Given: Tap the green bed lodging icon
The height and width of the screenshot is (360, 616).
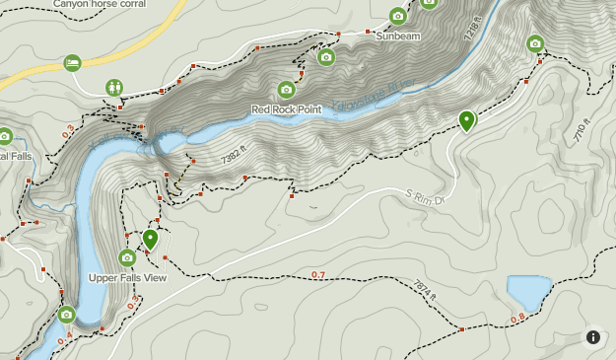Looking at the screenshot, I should pos(72,63).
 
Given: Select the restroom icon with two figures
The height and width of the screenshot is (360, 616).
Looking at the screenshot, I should pos(115,87).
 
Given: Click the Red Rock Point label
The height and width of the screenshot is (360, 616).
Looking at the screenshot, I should pos(287,109).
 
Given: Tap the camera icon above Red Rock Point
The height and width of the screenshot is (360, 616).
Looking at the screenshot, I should pos(287,90).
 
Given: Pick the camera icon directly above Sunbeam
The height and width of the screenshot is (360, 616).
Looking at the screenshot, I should pos(397,16).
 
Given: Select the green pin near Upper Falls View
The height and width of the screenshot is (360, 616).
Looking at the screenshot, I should pos(150,238).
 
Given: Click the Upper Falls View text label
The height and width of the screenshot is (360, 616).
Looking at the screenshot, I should pos(127,277).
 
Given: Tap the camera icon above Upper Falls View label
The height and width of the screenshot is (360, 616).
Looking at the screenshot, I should pos(127,258).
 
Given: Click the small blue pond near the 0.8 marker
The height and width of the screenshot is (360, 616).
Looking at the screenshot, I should pos(528,292).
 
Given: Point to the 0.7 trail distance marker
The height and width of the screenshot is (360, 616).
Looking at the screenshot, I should pos(318,274).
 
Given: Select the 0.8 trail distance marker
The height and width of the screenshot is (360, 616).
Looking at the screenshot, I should pos(518,318).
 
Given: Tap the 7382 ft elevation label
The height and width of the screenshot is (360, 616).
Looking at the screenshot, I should pos(234,156).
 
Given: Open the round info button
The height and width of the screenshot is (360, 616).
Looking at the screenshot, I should pos(593,337).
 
